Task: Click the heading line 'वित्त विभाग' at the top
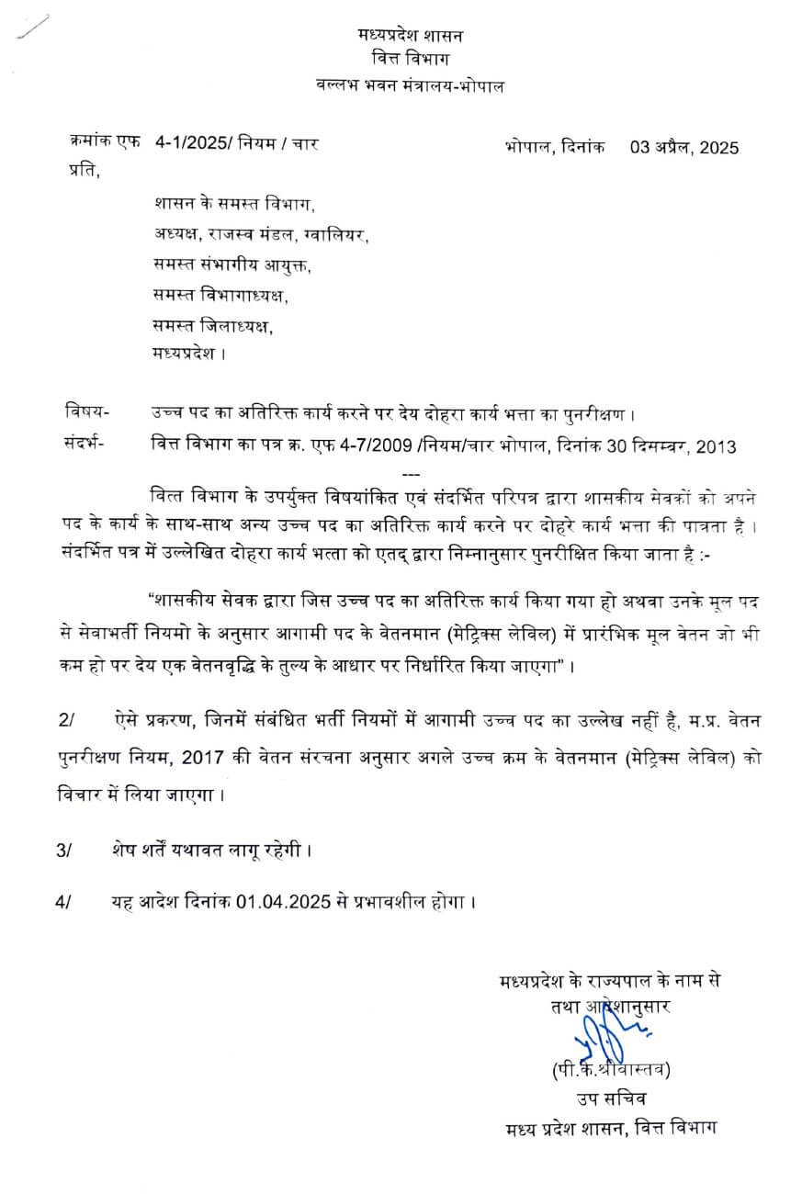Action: [x=410, y=61]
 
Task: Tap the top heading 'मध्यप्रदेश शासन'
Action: [x=411, y=36]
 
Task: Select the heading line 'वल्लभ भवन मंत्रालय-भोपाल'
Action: [x=410, y=85]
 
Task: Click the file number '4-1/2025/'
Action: [x=194, y=142]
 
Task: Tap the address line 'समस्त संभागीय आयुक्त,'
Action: [x=232, y=266]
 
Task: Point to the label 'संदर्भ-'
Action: [x=85, y=442]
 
